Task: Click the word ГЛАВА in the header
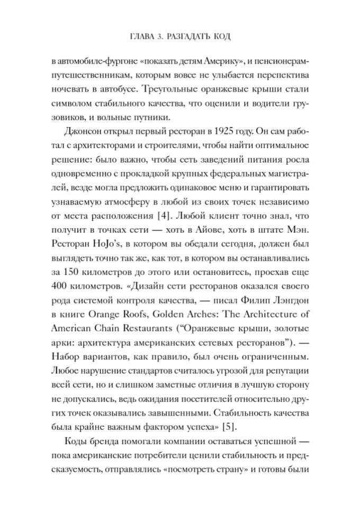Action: pos(132,38)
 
